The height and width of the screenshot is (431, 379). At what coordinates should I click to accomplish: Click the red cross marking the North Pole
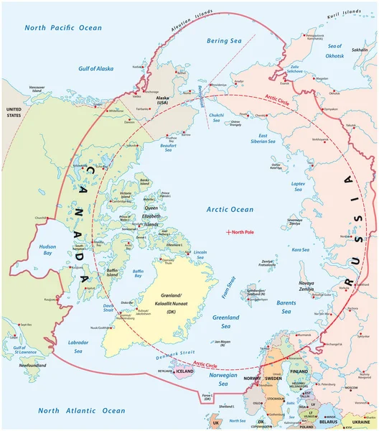(229, 232)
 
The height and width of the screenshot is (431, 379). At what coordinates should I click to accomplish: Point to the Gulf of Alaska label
(98, 68)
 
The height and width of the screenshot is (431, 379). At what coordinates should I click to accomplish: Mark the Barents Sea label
(291, 307)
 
